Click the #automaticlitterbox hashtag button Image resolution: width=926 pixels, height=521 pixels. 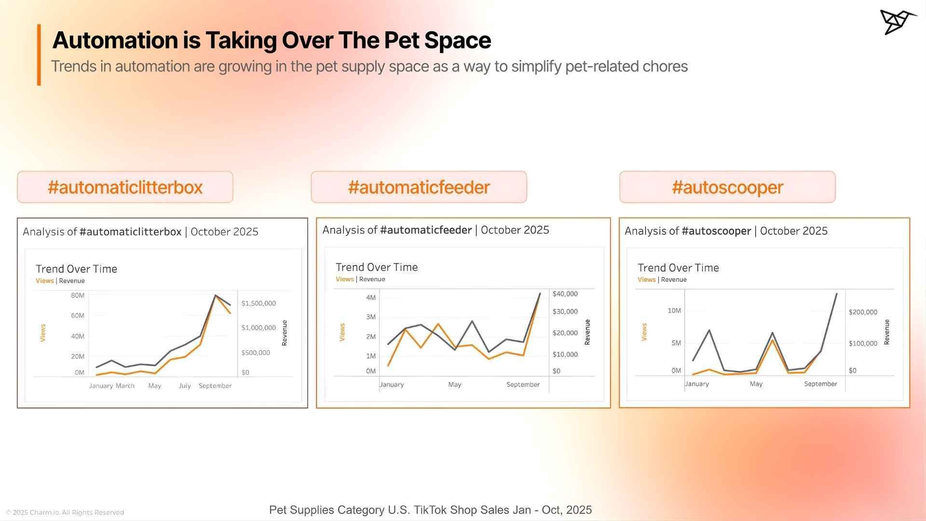click(x=125, y=187)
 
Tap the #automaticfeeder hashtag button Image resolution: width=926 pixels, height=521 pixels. click(x=419, y=187)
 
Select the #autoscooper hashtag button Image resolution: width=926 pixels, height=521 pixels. click(x=727, y=187)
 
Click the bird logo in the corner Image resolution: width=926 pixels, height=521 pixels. click(x=897, y=22)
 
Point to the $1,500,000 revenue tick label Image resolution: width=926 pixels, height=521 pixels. click(x=259, y=303)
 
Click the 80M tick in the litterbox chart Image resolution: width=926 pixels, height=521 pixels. click(x=78, y=295)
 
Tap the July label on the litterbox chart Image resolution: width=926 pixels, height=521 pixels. click(x=185, y=386)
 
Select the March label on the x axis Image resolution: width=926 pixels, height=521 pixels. click(x=125, y=386)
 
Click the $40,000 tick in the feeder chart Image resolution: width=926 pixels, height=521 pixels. click(x=565, y=294)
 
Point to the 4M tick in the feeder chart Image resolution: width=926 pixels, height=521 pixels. click(x=370, y=298)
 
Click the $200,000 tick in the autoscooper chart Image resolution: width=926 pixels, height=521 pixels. click(x=863, y=312)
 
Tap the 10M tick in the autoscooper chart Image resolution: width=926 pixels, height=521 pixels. click(x=674, y=311)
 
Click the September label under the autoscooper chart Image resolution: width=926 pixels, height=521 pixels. click(x=820, y=384)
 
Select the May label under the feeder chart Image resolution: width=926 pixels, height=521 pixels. click(x=454, y=384)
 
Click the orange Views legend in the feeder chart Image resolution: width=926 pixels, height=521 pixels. click(x=344, y=279)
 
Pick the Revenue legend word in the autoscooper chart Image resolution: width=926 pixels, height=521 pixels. click(x=673, y=280)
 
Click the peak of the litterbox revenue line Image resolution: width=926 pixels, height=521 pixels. click(x=215, y=295)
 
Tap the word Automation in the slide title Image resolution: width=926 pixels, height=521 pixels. click(x=115, y=40)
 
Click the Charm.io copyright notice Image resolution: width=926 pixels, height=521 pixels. click(x=65, y=512)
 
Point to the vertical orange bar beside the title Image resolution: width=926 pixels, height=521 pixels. click(x=39, y=55)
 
